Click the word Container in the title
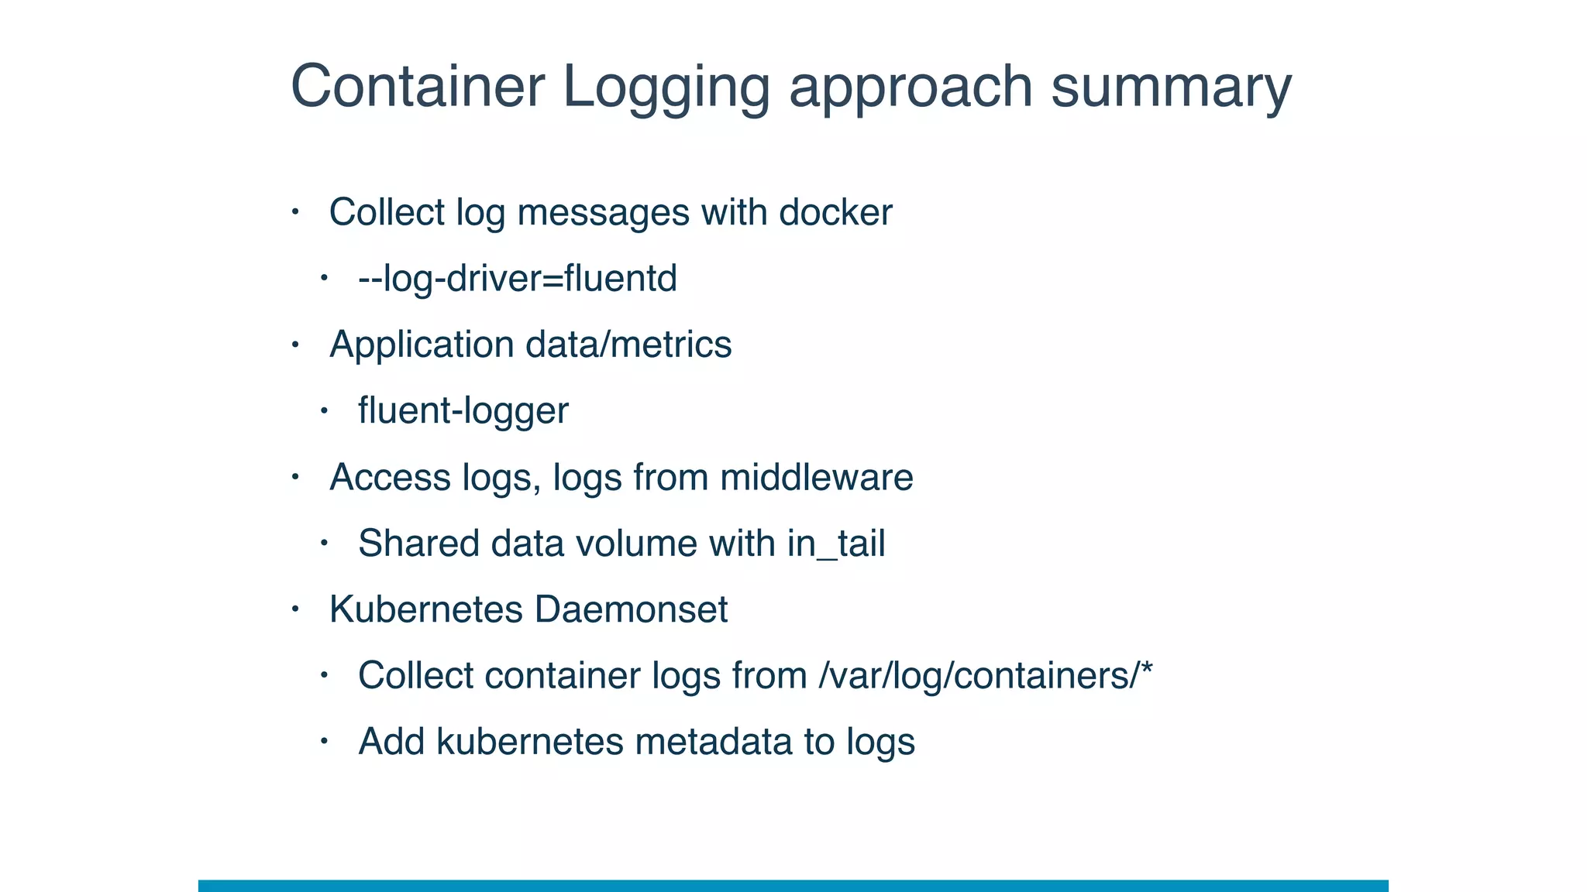[418, 86]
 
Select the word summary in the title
[1171, 86]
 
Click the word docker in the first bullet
[835, 212]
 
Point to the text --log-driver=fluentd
[518, 279]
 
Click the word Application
[422, 345]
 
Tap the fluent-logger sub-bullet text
[463, 411]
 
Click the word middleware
[816, 477]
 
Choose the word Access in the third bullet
[390, 478]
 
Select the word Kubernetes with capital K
[426, 609]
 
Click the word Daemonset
[631, 609]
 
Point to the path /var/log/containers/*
[986, 676]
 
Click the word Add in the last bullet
[391, 742]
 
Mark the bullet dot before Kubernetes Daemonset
[294, 609]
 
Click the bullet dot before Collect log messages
[294, 211]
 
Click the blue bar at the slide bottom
[793, 885]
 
